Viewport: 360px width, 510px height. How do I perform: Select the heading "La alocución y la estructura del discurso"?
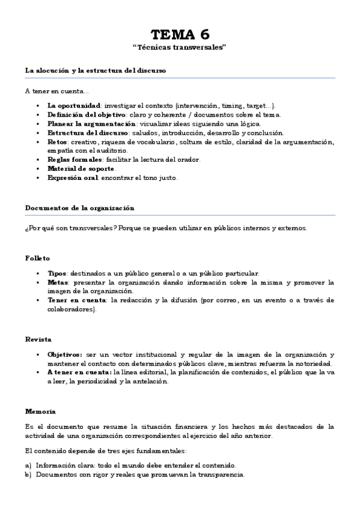(96, 71)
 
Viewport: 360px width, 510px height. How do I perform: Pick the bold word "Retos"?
(58, 141)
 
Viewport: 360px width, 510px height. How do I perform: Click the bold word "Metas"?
(58, 282)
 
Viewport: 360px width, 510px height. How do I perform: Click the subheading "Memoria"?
(40, 411)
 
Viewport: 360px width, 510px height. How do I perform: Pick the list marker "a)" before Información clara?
(28, 465)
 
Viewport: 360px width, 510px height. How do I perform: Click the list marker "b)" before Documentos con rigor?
(28, 475)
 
